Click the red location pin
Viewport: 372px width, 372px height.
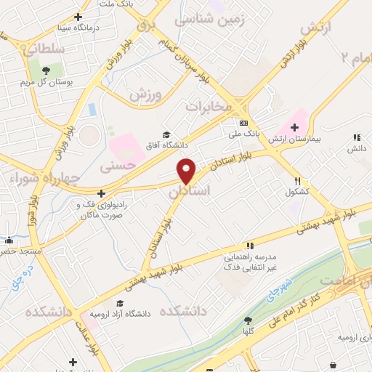pos(187,171)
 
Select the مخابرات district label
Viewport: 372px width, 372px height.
pos(209,106)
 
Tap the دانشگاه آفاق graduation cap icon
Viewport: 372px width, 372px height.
pos(166,134)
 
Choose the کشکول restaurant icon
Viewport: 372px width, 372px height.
pos(297,182)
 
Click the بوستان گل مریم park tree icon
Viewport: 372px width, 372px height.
pos(46,70)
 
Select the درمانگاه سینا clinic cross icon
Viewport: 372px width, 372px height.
pos(78,17)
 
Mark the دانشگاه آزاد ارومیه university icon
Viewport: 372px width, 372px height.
pos(119,304)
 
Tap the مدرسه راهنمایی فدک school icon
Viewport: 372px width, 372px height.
pos(249,246)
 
